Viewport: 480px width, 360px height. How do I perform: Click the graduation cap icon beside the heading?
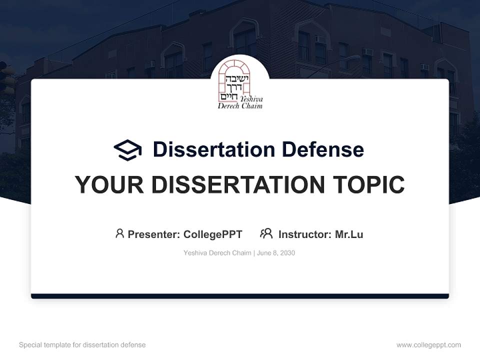pos(127,150)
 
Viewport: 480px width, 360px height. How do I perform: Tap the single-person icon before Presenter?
pos(119,233)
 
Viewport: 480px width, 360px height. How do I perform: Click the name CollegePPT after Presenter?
pos(213,234)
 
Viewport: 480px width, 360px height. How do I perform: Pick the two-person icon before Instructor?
pos(266,233)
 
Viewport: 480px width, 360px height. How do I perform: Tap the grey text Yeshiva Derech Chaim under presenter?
pos(217,253)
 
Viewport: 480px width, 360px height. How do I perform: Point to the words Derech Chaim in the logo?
pos(240,106)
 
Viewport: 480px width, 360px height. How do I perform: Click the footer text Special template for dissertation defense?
pos(82,345)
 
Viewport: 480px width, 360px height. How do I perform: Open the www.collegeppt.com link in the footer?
pos(428,345)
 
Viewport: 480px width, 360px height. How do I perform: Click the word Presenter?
pos(153,234)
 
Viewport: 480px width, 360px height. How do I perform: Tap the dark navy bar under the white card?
pos(240,296)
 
